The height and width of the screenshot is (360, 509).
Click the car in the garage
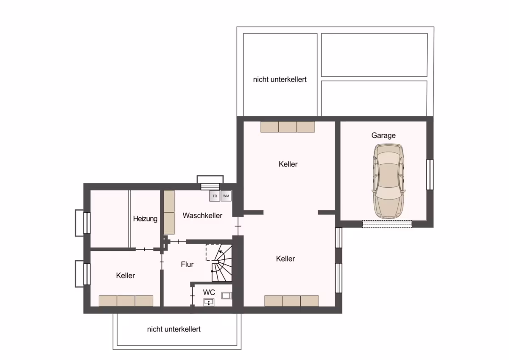[x=388, y=181]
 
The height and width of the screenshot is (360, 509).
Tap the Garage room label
[x=383, y=135]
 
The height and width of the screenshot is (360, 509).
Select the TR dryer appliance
[x=215, y=196]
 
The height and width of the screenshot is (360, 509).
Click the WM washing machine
[x=226, y=196]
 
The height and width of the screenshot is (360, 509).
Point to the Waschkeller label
[x=202, y=216]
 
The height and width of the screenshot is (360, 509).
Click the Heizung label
[x=145, y=219]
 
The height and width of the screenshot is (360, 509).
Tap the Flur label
[x=187, y=264]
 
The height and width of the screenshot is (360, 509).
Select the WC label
[x=209, y=292]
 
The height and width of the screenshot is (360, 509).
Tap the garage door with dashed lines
[x=387, y=224]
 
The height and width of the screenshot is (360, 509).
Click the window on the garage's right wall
[x=430, y=174]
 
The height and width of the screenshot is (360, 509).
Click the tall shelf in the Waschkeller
[x=169, y=212]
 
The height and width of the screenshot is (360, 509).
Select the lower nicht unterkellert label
[x=174, y=329]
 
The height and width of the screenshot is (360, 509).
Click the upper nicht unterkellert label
[x=280, y=79]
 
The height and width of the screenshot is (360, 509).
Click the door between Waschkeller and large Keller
[x=238, y=226]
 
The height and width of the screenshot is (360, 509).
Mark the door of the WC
[x=193, y=295]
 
